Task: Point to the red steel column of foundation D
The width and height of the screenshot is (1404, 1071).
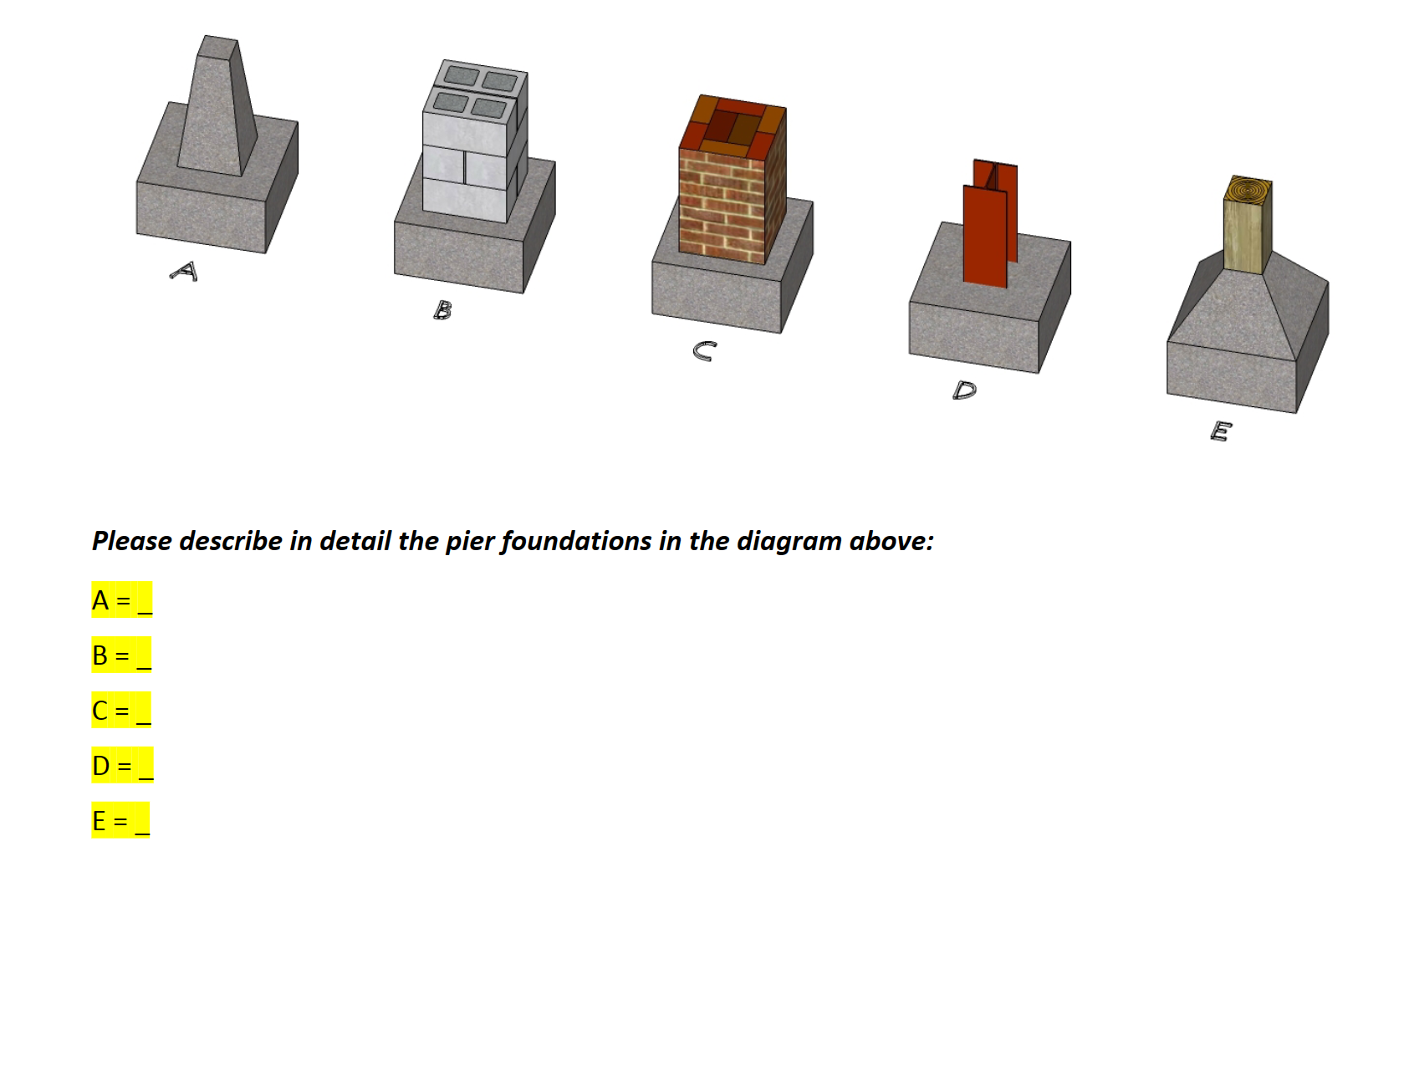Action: tap(987, 230)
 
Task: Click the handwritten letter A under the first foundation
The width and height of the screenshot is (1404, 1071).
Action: tap(185, 271)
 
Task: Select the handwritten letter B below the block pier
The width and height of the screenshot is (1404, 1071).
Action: tap(443, 310)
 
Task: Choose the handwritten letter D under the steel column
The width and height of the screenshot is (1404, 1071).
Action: tap(964, 390)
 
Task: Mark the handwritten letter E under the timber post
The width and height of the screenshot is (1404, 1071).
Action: tap(1221, 431)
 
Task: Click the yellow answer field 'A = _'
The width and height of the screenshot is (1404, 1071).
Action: tap(122, 600)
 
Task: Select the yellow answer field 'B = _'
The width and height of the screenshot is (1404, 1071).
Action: tap(121, 655)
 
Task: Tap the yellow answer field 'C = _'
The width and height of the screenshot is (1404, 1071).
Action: tap(121, 711)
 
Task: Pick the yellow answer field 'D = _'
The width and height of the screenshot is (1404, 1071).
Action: tap(122, 766)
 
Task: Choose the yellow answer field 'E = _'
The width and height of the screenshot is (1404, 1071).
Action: tap(120, 821)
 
